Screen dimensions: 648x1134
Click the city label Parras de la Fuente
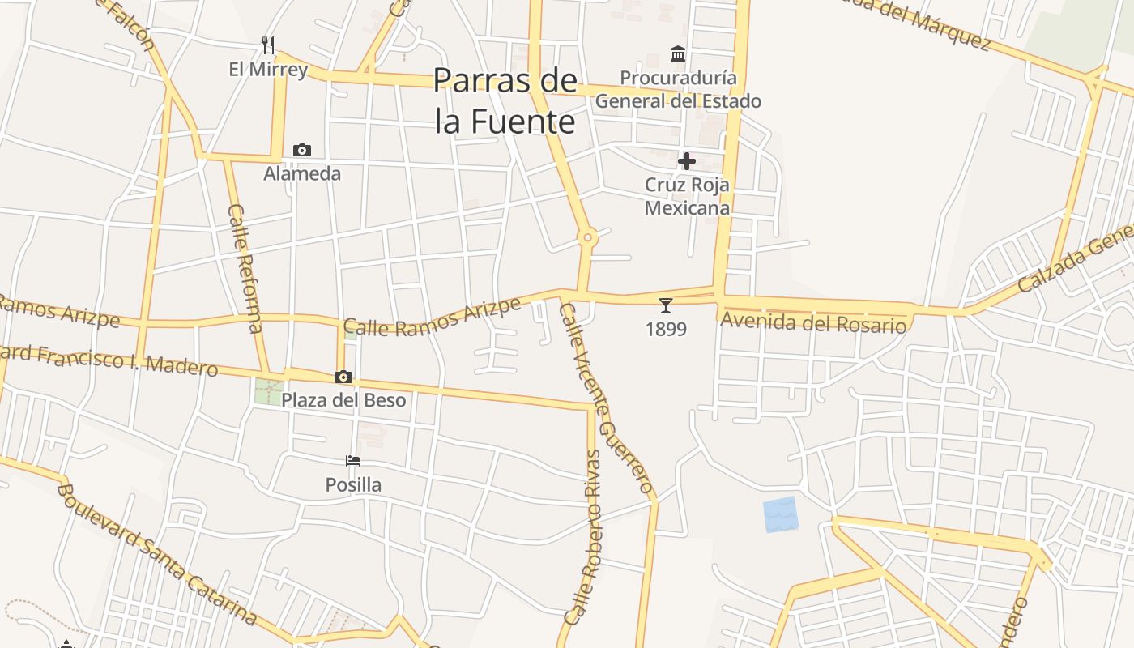(505, 101)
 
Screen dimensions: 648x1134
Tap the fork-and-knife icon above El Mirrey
(268, 45)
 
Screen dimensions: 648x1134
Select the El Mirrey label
(268, 69)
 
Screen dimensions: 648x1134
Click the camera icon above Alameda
(302, 150)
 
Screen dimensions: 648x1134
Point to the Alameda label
(302, 173)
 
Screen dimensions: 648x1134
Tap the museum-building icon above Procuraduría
(678, 54)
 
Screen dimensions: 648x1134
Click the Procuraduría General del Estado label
(678, 89)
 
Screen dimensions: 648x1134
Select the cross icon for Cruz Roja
(687, 161)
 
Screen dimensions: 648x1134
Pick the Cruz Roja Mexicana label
(687, 196)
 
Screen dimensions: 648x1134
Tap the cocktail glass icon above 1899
(666, 305)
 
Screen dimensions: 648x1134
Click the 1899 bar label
(666, 329)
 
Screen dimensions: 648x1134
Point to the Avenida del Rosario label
(812, 322)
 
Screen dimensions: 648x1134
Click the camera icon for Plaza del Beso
(343, 377)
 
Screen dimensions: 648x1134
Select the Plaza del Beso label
(343, 400)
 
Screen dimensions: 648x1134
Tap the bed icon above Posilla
(353, 461)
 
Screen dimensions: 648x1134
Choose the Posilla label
(353, 484)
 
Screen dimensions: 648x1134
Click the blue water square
(780, 514)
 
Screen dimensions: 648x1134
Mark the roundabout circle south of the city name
(588, 237)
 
